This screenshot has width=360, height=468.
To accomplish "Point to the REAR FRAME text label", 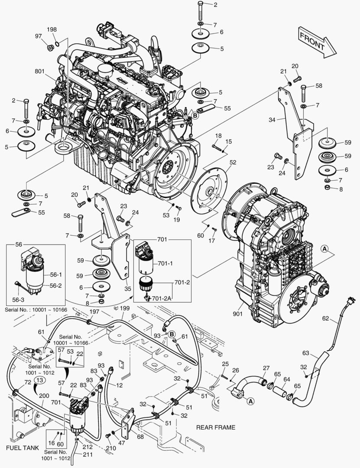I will coord(216,427).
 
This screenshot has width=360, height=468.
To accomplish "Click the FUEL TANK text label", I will coord(23,448).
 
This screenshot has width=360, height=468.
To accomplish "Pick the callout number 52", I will coord(233,162).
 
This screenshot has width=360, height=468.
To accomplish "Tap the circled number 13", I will coord(39,380).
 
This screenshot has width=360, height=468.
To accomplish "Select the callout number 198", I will coord(52,29).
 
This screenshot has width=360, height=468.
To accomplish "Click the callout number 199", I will coord(125,308).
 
